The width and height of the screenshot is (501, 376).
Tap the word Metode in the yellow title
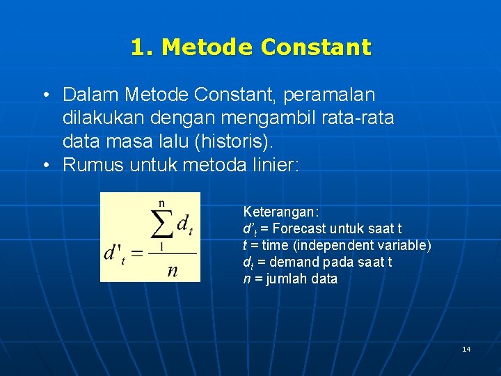(207, 47)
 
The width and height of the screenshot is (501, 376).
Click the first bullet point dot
(45, 95)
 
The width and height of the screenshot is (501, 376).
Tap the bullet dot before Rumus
(45, 166)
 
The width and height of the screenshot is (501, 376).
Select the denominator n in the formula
(172, 270)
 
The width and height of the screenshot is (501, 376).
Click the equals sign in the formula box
(136, 253)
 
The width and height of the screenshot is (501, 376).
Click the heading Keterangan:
(280, 212)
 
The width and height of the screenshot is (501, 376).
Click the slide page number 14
(466, 349)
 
